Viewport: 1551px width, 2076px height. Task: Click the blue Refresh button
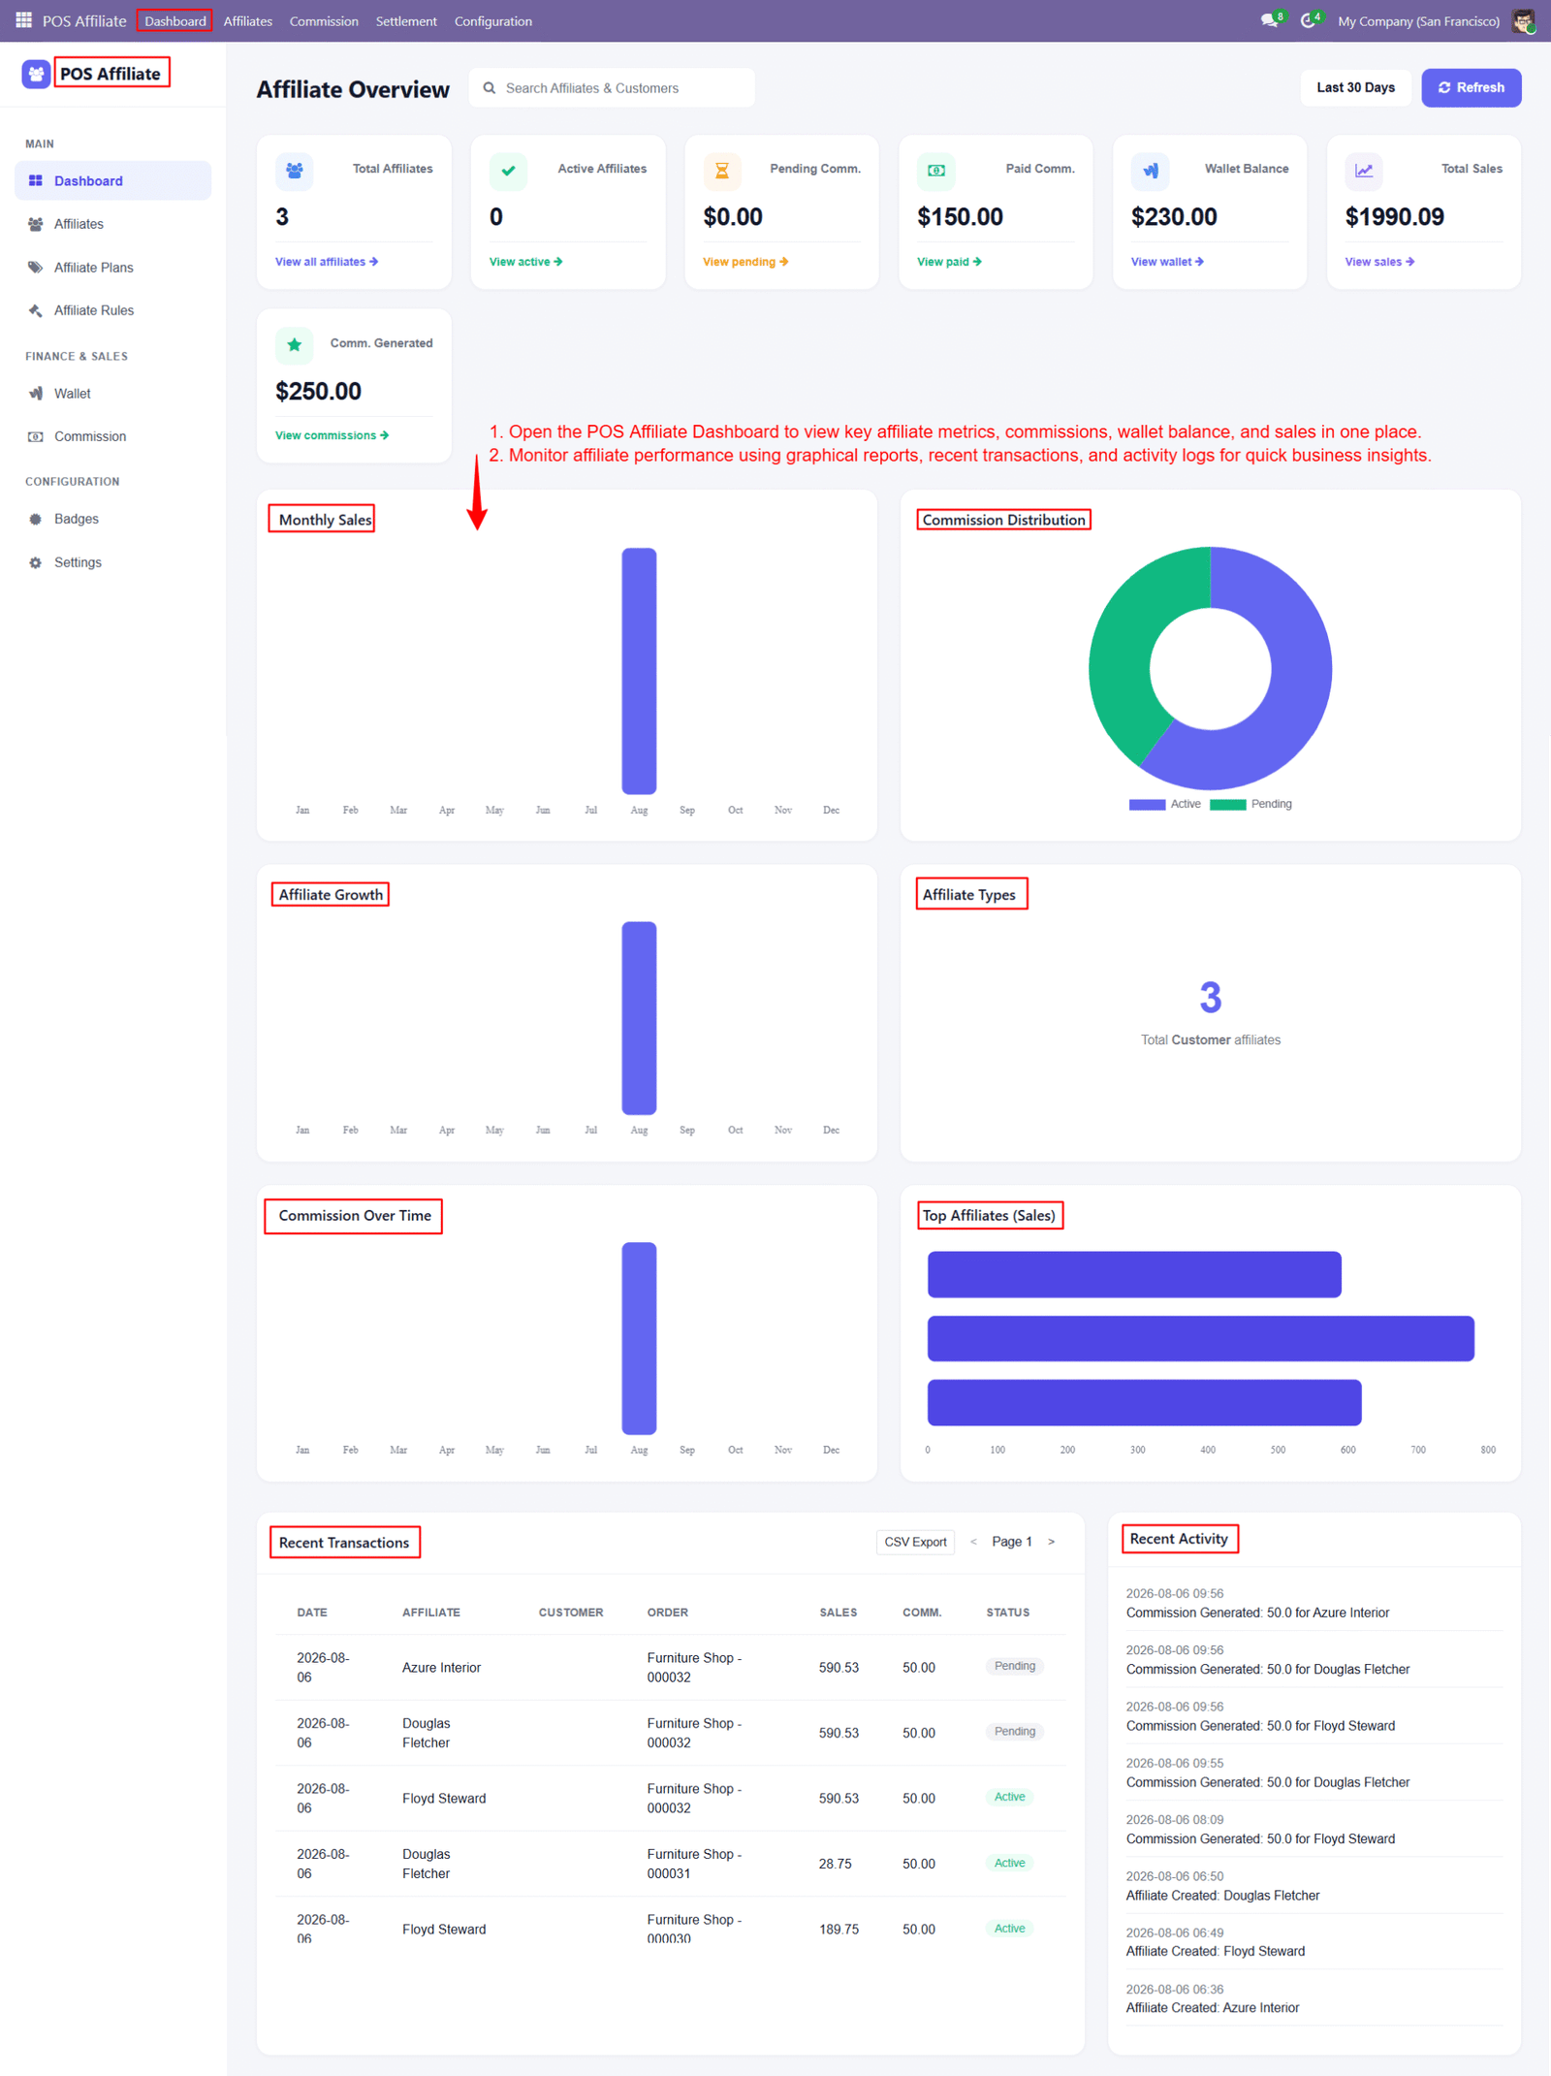1471,87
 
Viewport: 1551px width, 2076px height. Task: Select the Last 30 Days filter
1355,87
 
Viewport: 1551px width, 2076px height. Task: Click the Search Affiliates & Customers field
612,87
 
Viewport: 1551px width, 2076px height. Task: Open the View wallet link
1167,262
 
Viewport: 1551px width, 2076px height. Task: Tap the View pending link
745,262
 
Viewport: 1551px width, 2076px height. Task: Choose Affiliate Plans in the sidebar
93,268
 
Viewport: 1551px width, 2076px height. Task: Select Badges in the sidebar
77,519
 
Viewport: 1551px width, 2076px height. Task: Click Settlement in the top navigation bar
406,21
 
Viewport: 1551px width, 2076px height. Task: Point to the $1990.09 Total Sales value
1394,216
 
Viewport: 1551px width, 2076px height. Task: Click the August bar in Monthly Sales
639,671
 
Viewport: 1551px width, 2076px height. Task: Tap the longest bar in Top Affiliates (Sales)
1201,1338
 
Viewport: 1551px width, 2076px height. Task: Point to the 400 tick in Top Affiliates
1208,1450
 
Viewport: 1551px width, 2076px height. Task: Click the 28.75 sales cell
836,1864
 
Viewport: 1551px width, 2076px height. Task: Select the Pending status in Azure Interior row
1015,1666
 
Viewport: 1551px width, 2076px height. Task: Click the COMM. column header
922,1613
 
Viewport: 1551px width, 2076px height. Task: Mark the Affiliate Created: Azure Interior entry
1213,2007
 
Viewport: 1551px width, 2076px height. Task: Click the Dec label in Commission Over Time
831,1450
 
